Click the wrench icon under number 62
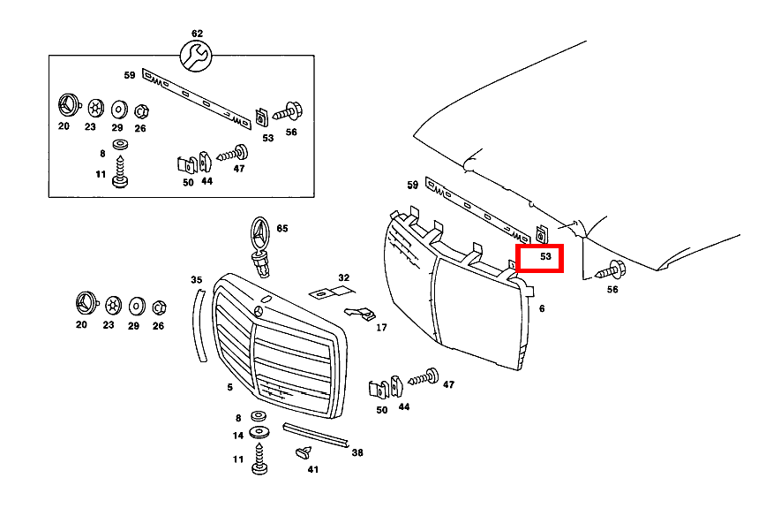click(196, 56)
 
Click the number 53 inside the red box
click(545, 256)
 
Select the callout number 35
click(196, 280)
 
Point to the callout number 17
click(381, 328)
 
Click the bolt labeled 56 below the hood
click(612, 270)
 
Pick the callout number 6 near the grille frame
click(542, 308)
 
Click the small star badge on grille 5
click(259, 311)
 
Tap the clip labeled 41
click(304, 451)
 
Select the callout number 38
click(357, 452)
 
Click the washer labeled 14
click(259, 433)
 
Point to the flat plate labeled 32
click(331, 293)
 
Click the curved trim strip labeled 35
click(199, 326)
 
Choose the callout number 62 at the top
click(197, 34)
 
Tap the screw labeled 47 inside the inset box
click(233, 154)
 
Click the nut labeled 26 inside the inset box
click(141, 111)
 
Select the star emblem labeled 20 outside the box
click(86, 303)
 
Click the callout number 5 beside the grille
click(229, 387)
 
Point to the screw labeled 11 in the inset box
click(120, 171)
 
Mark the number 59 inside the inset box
click(129, 75)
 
